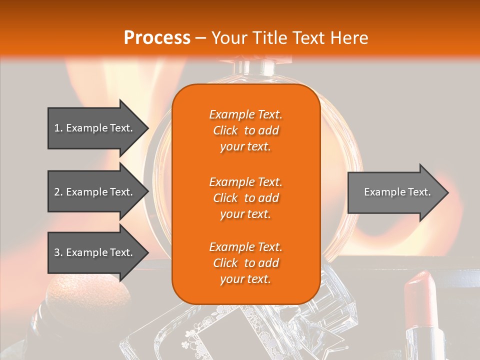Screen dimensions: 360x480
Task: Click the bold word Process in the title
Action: (157, 38)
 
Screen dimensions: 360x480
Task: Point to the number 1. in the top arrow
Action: (58, 128)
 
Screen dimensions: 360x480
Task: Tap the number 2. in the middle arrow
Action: (58, 192)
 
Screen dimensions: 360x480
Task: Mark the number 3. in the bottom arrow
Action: (58, 252)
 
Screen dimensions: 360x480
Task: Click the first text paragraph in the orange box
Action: (245, 130)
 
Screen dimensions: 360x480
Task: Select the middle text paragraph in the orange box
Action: (245, 198)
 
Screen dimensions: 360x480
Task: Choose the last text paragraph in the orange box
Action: (245, 263)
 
